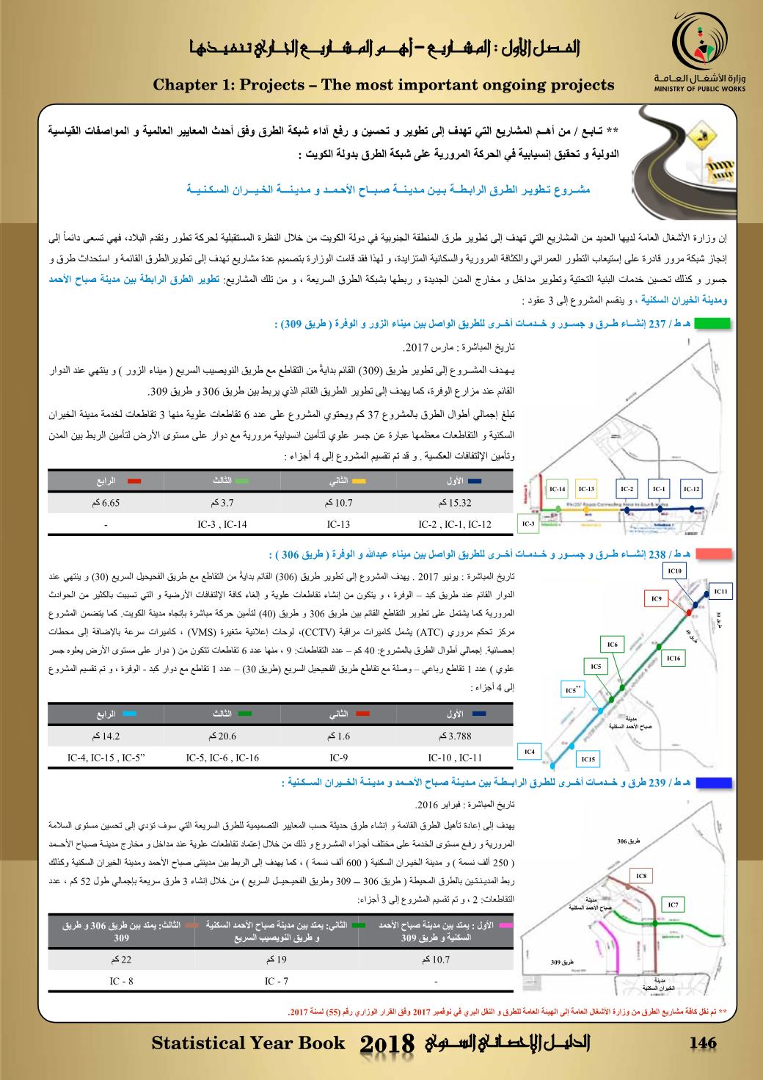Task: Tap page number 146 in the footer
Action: click(x=703, y=1043)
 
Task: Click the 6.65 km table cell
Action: click(x=106, y=504)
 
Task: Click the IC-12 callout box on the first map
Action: click(x=692, y=488)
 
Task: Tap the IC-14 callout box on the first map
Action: click(x=558, y=488)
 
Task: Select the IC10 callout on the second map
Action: click(x=675, y=570)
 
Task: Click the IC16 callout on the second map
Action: click(x=674, y=659)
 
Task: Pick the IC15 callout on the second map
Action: click(x=588, y=759)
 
